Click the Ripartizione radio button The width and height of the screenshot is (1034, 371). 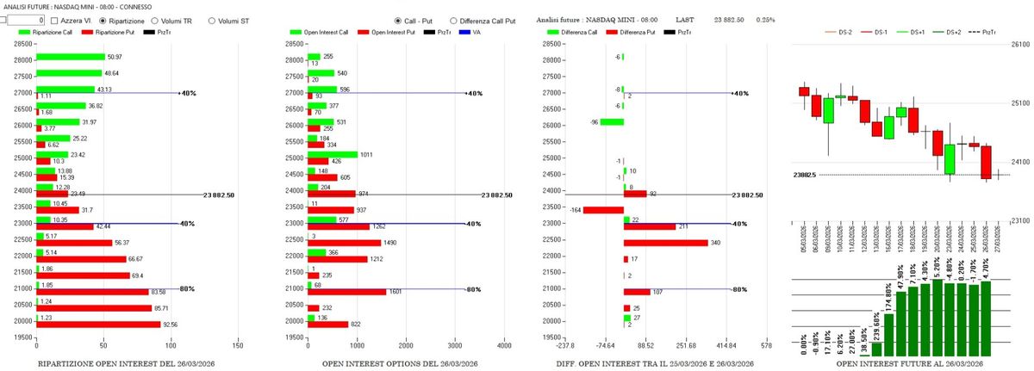(104, 20)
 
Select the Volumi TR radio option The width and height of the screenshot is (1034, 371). (155, 20)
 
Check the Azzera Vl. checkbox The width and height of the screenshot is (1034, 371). (55, 20)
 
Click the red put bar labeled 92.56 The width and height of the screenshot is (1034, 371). (98, 325)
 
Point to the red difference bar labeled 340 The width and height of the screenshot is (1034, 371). (660, 243)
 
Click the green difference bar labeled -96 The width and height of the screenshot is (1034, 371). (612, 121)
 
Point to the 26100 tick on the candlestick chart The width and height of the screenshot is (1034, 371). (1021, 45)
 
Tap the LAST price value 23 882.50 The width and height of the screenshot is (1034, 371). (720, 19)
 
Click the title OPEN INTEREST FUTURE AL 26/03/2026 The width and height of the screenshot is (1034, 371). (906, 364)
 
